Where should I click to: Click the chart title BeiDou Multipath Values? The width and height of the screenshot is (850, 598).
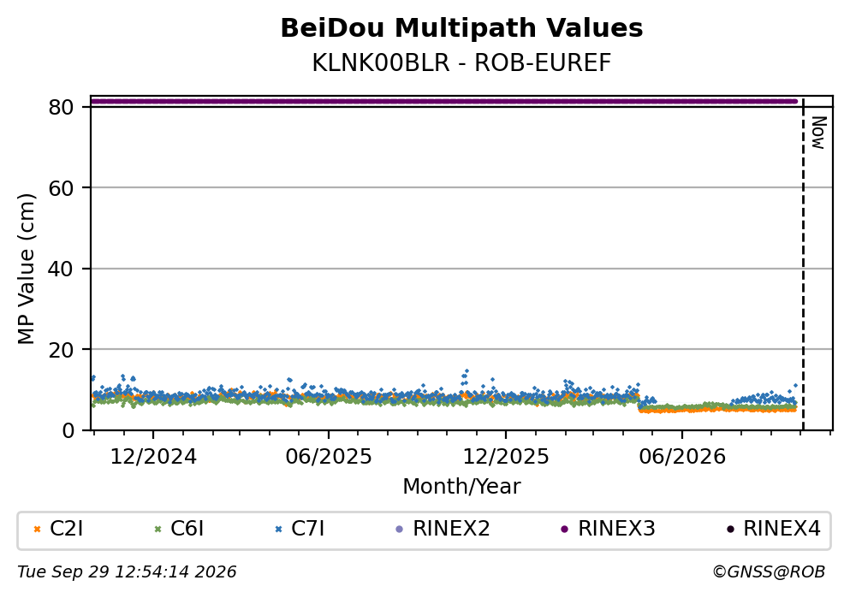click(x=461, y=28)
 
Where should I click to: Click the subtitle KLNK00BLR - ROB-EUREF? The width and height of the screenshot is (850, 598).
click(x=461, y=62)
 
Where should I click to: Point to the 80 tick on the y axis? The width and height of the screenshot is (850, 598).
click(x=61, y=107)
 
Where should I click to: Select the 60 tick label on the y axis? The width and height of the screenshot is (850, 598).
click(x=61, y=188)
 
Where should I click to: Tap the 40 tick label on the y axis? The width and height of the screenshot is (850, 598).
click(x=61, y=269)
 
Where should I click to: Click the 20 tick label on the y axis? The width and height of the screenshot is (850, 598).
click(x=61, y=349)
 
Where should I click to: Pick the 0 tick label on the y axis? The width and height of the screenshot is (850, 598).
click(x=68, y=430)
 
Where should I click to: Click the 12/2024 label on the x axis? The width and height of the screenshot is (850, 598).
click(x=153, y=457)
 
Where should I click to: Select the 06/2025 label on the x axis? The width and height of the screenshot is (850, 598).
click(x=329, y=457)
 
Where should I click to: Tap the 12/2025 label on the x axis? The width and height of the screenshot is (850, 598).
click(x=506, y=457)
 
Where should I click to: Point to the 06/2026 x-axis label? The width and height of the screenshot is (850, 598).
click(x=682, y=457)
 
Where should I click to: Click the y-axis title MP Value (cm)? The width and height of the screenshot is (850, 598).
click(x=26, y=269)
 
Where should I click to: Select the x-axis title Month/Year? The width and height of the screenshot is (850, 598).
click(x=461, y=487)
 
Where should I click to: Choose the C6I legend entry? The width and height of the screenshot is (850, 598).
click(x=180, y=529)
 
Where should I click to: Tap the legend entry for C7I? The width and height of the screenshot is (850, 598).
click(x=300, y=529)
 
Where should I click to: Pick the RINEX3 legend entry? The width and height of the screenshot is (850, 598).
click(x=608, y=529)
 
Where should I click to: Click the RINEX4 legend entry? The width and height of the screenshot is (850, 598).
click(x=774, y=529)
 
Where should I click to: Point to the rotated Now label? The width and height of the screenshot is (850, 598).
click(x=818, y=133)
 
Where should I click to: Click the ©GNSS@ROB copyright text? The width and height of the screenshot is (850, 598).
click(x=769, y=572)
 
